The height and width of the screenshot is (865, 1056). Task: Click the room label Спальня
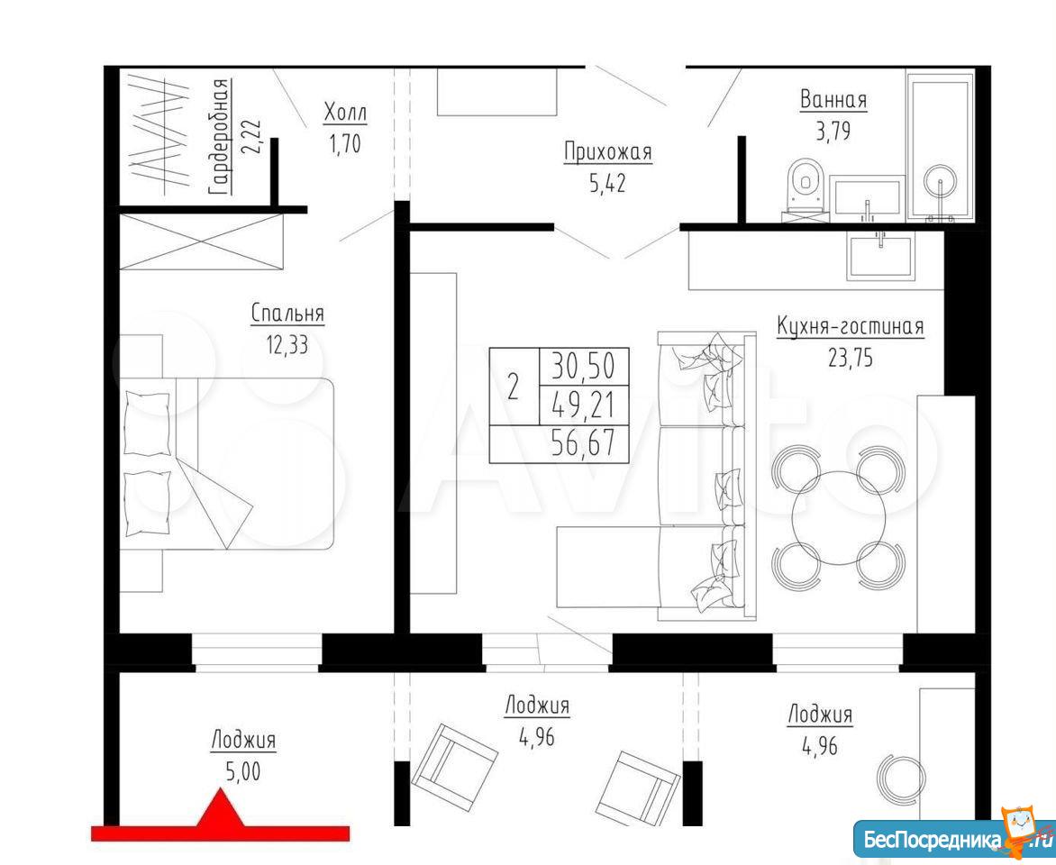[287, 314]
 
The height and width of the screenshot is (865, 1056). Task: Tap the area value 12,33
[287, 345]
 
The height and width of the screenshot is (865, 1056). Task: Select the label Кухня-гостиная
[850, 327]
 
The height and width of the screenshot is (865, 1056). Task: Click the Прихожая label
[608, 152]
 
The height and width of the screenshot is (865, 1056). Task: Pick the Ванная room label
[833, 100]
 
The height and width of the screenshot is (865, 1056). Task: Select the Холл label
[345, 112]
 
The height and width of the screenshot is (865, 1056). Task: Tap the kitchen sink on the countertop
[879, 257]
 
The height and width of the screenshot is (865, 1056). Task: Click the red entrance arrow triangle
[220, 808]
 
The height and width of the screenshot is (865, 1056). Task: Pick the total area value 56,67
[583, 444]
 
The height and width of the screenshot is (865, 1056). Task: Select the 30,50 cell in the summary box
[583, 367]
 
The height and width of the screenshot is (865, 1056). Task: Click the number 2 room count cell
[514, 387]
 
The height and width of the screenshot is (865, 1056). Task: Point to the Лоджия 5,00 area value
[243, 771]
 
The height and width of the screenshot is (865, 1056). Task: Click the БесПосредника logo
[954, 839]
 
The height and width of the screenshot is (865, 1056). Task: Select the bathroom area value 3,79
[833, 131]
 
